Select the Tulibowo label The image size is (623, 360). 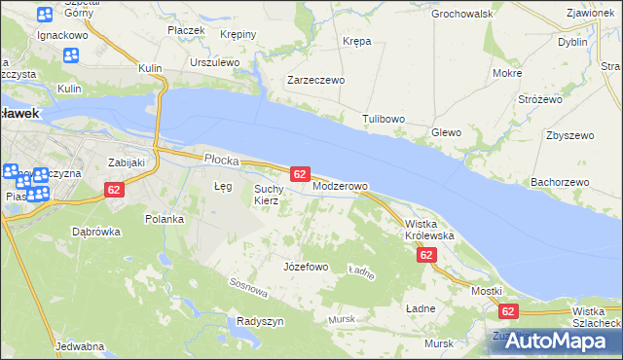(x=384, y=119)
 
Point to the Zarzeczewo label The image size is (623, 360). (x=315, y=81)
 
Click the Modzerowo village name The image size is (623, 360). (x=340, y=186)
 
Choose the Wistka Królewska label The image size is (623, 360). (x=429, y=230)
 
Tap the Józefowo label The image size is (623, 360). (x=305, y=267)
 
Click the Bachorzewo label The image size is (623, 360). (x=560, y=182)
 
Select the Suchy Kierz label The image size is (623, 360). (x=268, y=195)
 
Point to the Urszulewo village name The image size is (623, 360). (x=215, y=62)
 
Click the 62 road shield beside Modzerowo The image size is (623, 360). (x=300, y=173)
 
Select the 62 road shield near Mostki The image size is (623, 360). (x=507, y=311)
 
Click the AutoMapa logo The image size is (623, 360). (x=551, y=341)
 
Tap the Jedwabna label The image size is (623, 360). (x=80, y=346)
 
